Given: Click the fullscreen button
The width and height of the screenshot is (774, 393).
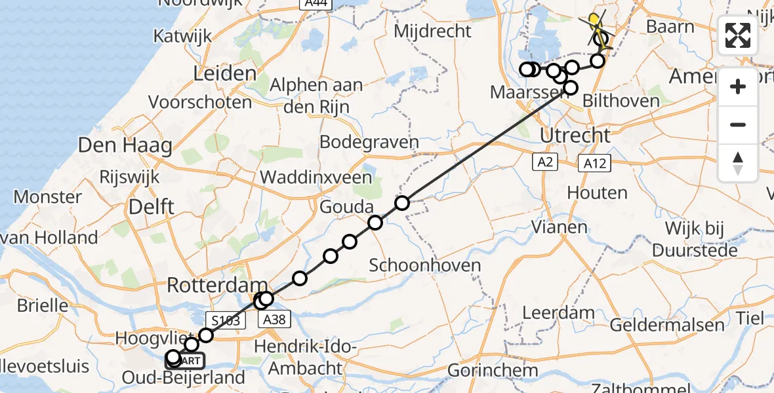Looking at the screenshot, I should point(738,35).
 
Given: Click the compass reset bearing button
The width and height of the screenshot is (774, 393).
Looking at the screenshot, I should point(738,162).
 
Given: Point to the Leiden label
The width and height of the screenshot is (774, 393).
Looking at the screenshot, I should point(224,73).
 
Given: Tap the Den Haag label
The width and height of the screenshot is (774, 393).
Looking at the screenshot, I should point(125,145).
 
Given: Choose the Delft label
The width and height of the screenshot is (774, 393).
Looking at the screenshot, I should point(151,207).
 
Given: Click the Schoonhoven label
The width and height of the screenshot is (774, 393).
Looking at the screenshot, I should point(425,266).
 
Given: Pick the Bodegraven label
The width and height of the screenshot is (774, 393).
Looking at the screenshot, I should point(369,142).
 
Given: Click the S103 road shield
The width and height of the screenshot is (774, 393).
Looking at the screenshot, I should point(225,320).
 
